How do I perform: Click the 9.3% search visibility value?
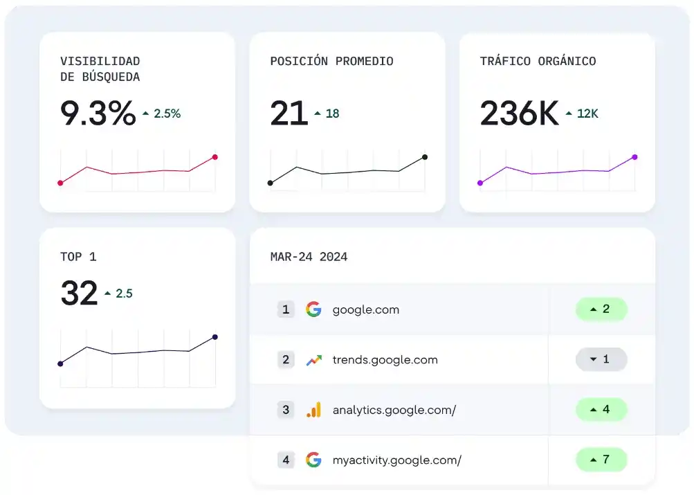98,114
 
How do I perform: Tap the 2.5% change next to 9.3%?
167,114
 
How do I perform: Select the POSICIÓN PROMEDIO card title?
331,61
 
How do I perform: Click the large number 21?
289,114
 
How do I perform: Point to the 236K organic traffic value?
519,114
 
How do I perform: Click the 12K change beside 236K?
587,114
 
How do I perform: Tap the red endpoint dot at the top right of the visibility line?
215,157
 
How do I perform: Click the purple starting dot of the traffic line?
480,183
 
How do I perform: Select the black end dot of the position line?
425,157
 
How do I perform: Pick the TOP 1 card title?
78,257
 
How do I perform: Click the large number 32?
80,293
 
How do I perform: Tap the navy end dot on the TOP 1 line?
215,337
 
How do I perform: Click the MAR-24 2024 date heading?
309,257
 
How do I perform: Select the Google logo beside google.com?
313,309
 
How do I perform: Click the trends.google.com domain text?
385,359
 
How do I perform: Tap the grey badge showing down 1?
601,359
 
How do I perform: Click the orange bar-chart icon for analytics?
313,410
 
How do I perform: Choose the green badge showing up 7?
601,460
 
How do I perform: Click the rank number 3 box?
286,410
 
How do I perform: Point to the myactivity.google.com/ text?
397,460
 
